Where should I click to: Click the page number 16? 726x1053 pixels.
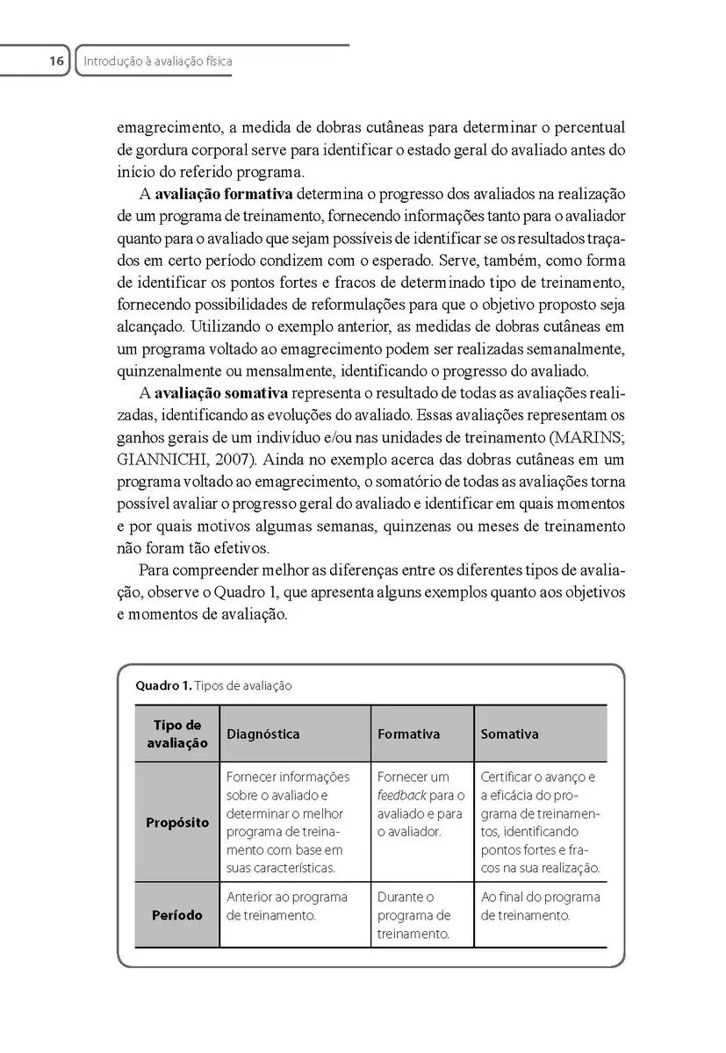56,61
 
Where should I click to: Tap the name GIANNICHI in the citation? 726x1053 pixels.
161,460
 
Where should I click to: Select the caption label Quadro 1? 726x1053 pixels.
162,686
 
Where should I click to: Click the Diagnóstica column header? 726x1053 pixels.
262,734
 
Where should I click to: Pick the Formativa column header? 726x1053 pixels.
408,734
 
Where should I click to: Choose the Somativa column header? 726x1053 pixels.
509,734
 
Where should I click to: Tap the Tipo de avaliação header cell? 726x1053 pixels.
177,734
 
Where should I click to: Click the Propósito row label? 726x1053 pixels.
177,823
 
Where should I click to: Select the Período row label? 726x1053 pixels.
177,915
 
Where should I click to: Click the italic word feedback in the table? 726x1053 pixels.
401,795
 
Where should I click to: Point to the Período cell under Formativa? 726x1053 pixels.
413,915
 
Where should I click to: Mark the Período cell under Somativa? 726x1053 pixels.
540,906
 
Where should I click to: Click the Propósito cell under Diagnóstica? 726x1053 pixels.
288,822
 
